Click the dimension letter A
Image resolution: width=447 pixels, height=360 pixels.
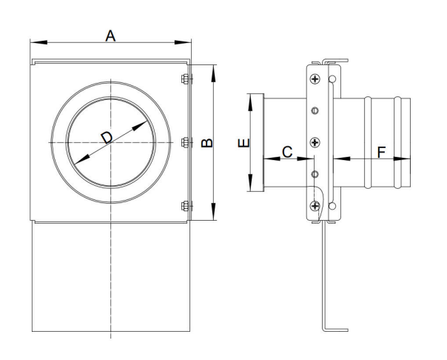[110, 35]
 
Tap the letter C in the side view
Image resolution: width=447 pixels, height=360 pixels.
[287, 151]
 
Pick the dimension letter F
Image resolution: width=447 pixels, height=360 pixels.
[381, 152]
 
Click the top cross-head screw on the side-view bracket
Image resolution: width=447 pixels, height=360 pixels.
[316, 79]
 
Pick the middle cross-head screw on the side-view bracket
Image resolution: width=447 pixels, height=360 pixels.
[316, 141]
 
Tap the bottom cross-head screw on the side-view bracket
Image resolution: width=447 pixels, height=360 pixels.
[316, 206]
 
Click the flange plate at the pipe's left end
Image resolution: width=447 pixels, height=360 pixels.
[260, 141]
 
